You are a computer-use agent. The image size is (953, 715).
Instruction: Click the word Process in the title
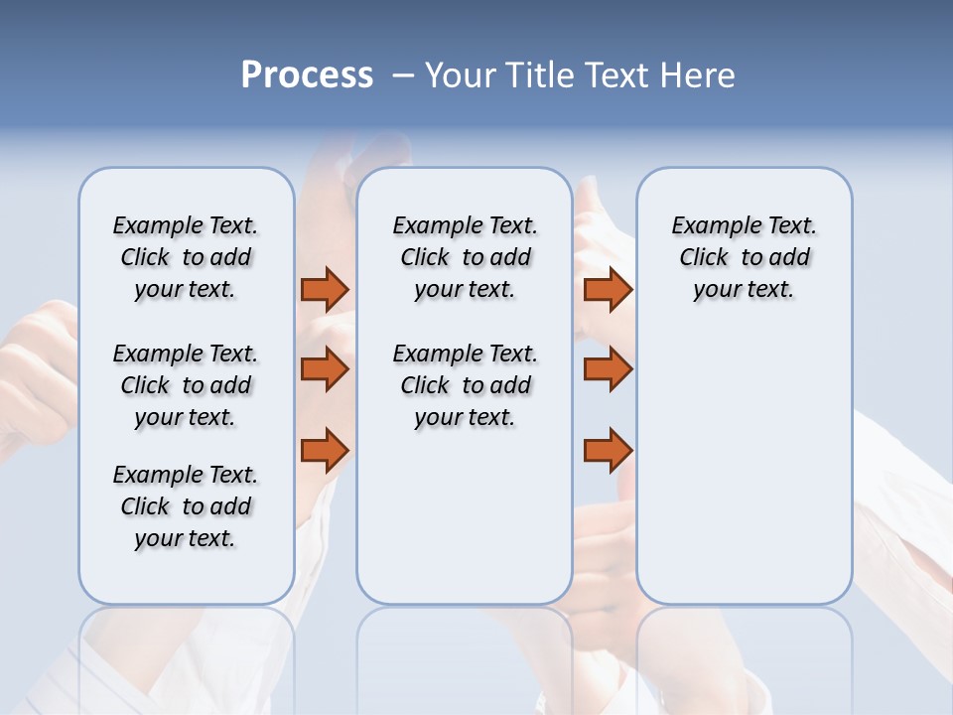(x=307, y=75)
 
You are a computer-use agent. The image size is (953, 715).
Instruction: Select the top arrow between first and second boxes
(x=325, y=289)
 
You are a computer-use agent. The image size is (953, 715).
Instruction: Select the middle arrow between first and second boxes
(x=325, y=369)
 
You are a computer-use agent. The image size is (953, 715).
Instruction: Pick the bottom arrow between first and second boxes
(x=325, y=451)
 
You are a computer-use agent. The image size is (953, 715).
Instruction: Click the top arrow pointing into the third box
(x=608, y=289)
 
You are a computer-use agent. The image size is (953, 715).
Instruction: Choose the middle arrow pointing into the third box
(x=608, y=369)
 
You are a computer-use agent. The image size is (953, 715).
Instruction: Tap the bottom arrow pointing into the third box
(x=608, y=451)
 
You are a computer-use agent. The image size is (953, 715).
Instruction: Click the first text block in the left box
(x=186, y=257)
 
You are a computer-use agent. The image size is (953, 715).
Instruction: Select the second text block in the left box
(x=186, y=385)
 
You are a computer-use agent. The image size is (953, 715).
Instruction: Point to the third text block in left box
(x=186, y=506)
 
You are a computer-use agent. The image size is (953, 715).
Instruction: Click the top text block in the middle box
(x=465, y=257)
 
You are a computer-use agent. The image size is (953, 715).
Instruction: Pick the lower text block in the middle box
(x=465, y=385)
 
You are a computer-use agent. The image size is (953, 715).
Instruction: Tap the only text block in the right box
(x=744, y=257)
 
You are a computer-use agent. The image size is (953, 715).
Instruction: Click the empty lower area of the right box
(x=744, y=467)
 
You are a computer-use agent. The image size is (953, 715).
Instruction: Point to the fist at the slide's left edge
(x=35, y=377)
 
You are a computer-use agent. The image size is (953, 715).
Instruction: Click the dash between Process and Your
(x=403, y=75)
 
